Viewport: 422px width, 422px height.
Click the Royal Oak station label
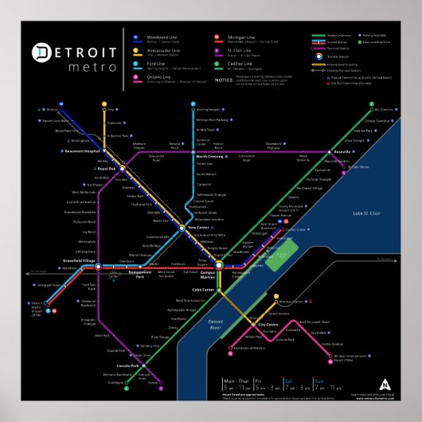[x=106, y=169]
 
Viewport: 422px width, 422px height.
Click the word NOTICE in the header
[x=225, y=80]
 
